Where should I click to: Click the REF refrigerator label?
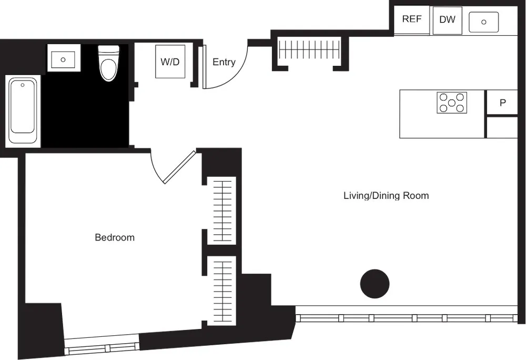point(412,19)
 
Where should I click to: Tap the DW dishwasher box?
point(447,20)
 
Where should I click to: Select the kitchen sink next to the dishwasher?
point(483,22)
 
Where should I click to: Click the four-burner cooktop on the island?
point(452,102)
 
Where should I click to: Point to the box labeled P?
point(502,103)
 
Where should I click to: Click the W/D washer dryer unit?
point(170,62)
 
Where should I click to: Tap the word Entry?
point(224,62)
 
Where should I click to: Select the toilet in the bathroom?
point(109,64)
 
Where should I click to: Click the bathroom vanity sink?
point(63,59)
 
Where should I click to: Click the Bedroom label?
point(115,237)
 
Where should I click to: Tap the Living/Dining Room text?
point(386,196)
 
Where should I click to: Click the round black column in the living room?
point(375,284)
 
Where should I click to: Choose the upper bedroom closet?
point(221,211)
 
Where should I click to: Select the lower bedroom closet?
point(221,291)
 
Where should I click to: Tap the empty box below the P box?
point(502,127)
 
